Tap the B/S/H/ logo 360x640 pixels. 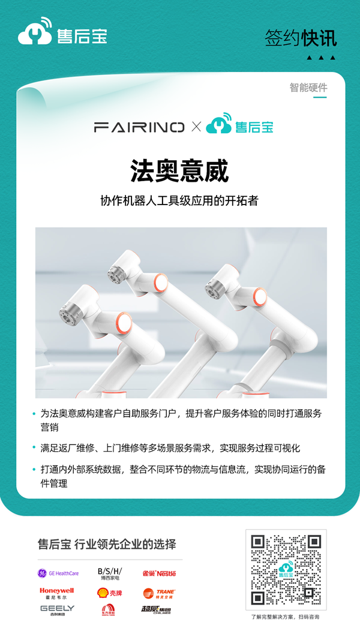(109, 573)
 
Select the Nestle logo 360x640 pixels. (159, 573)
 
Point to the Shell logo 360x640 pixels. (109, 593)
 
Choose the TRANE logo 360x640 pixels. (159, 593)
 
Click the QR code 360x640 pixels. (286, 570)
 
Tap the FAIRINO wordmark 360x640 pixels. (139, 127)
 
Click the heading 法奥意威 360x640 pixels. (180, 172)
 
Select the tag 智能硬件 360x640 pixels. (308, 88)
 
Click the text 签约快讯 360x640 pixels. (301, 38)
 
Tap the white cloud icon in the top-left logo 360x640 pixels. (35, 35)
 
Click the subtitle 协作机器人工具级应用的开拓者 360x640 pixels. (179, 201)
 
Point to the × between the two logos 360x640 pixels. (196, 127)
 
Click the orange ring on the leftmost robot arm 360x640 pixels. (122, 324)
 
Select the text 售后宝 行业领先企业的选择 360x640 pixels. (107, 545)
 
